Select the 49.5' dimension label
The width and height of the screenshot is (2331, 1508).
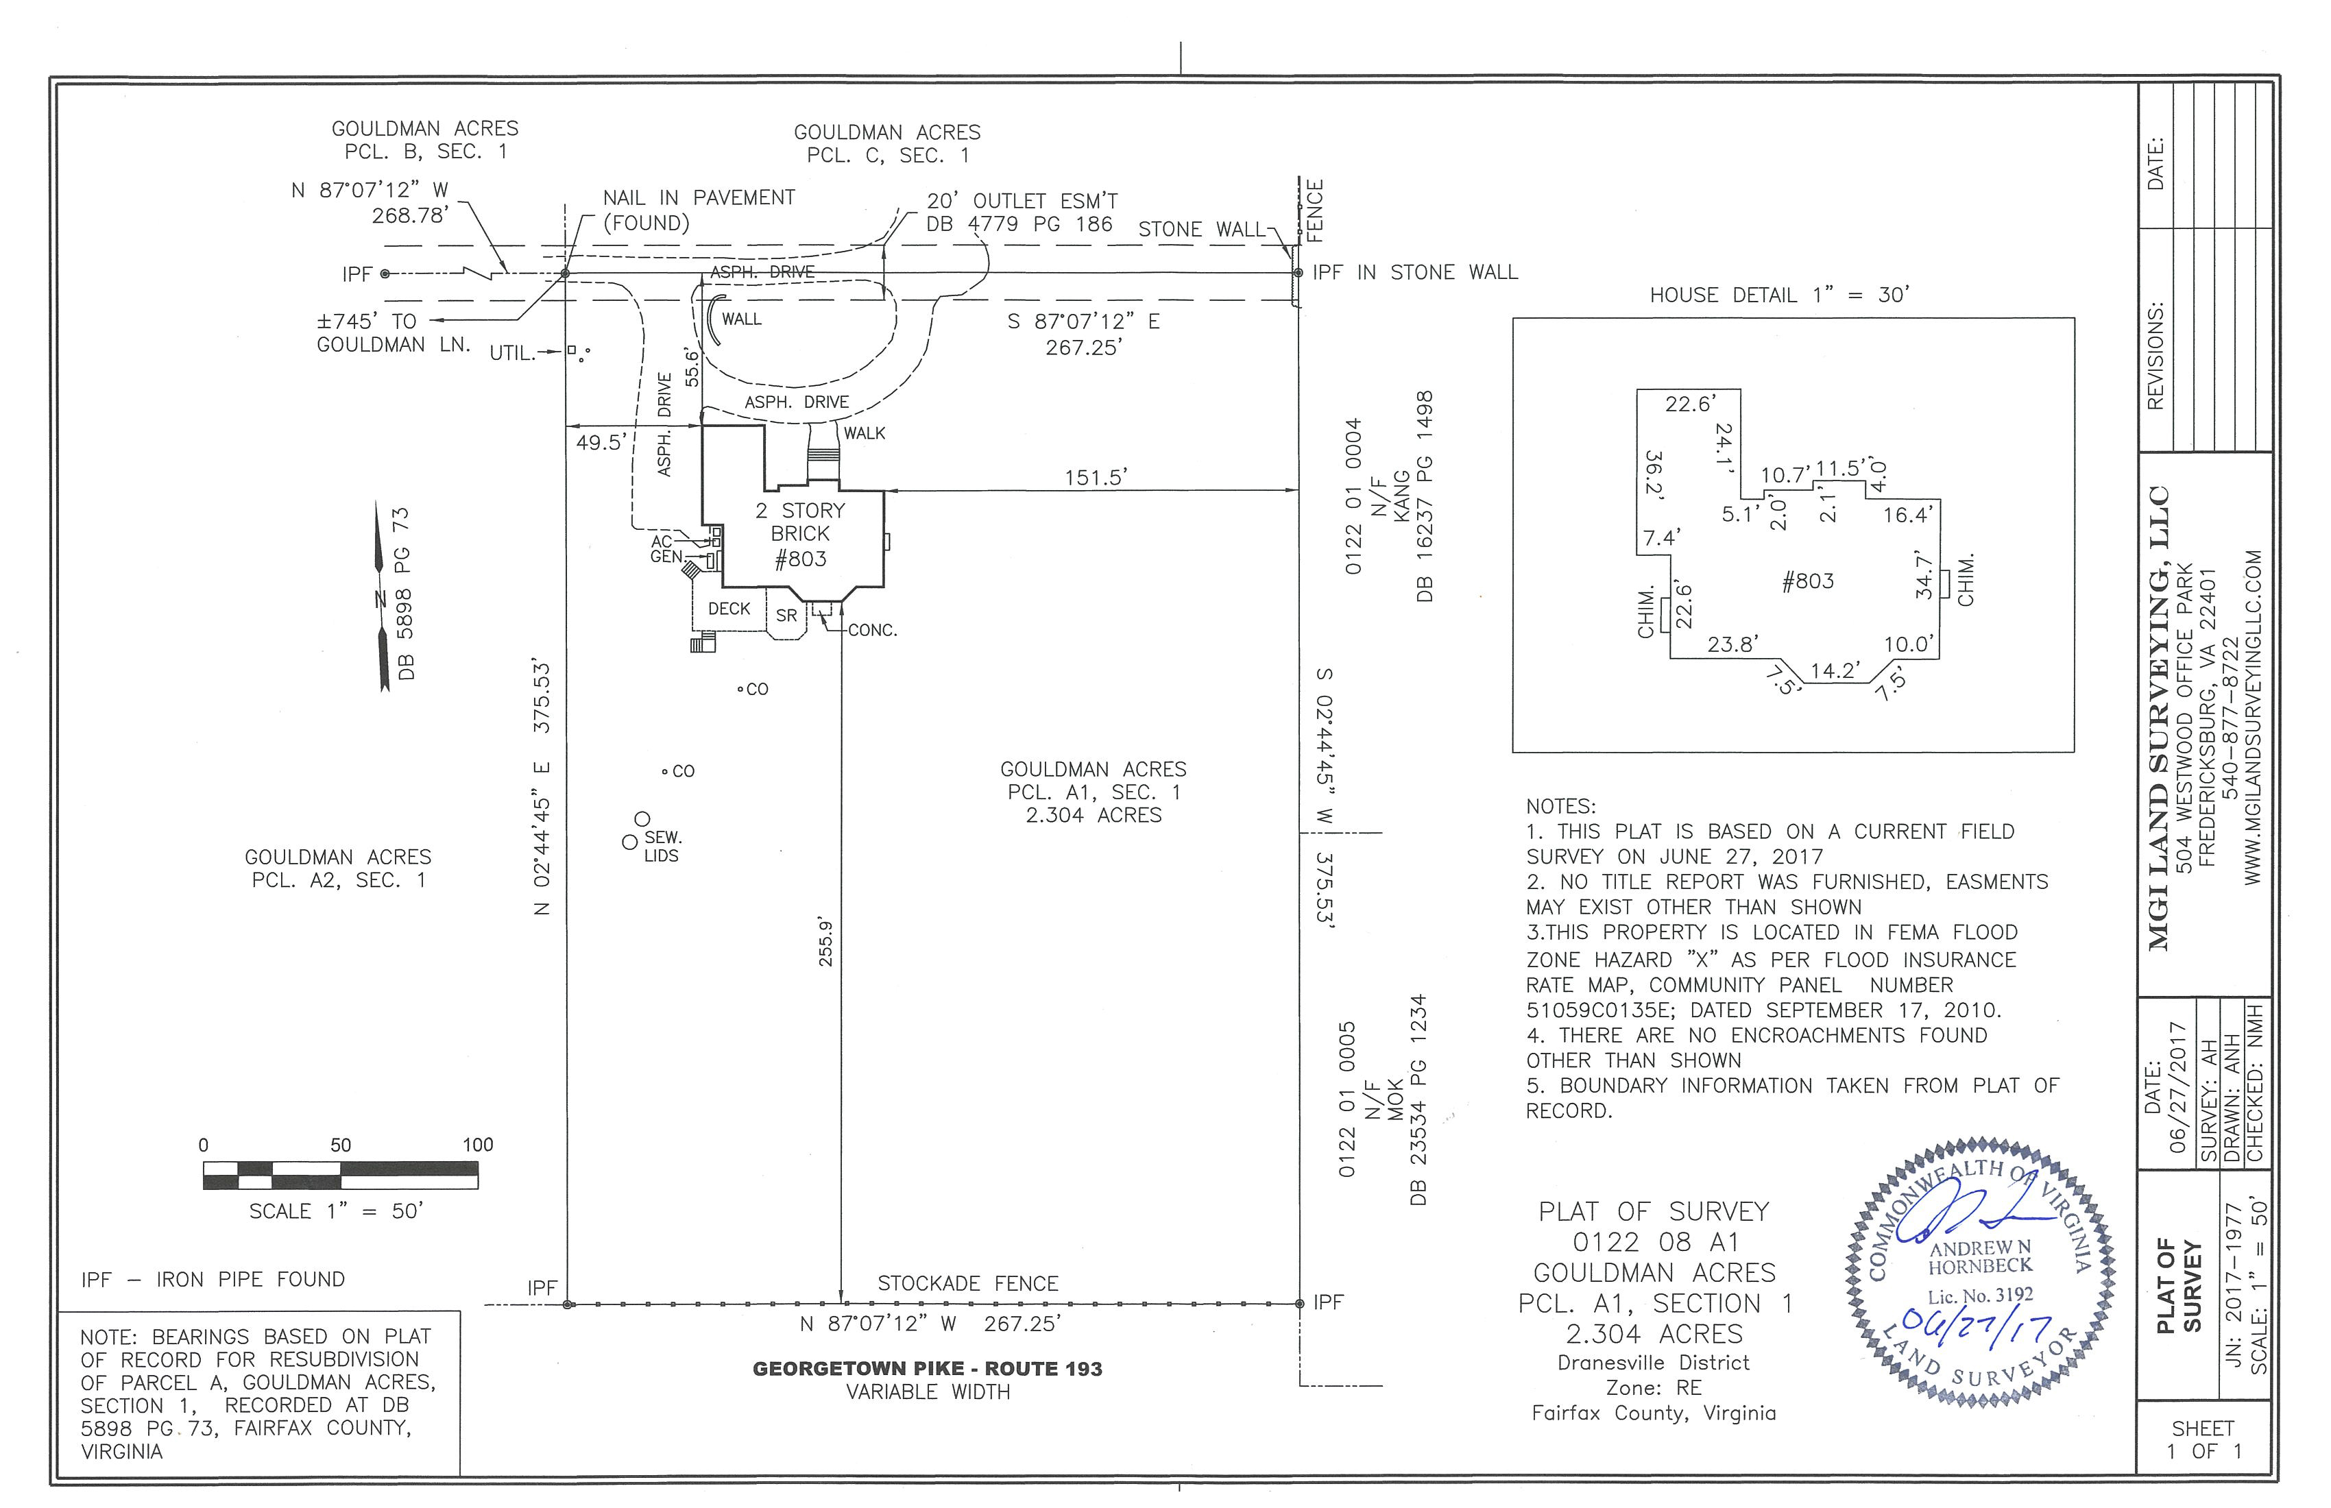click(599, 443)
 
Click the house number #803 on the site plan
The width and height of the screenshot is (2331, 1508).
click(800, 559)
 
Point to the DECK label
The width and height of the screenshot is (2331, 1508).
click(729, 609)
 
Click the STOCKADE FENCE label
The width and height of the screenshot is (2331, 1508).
click(967, 1284)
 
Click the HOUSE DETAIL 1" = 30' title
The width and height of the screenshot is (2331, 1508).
click(1780, 295)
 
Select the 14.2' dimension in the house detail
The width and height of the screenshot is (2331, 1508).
click(1833, 671)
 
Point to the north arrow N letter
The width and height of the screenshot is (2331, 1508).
click(379, 599)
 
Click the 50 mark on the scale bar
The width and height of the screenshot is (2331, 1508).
click(340, 1145)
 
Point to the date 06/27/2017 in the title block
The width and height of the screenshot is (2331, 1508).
click(2178, 1087)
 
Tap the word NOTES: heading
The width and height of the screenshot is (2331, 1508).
click(1560, 807)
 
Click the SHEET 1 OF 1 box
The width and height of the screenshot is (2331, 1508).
click(2203, 1440)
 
